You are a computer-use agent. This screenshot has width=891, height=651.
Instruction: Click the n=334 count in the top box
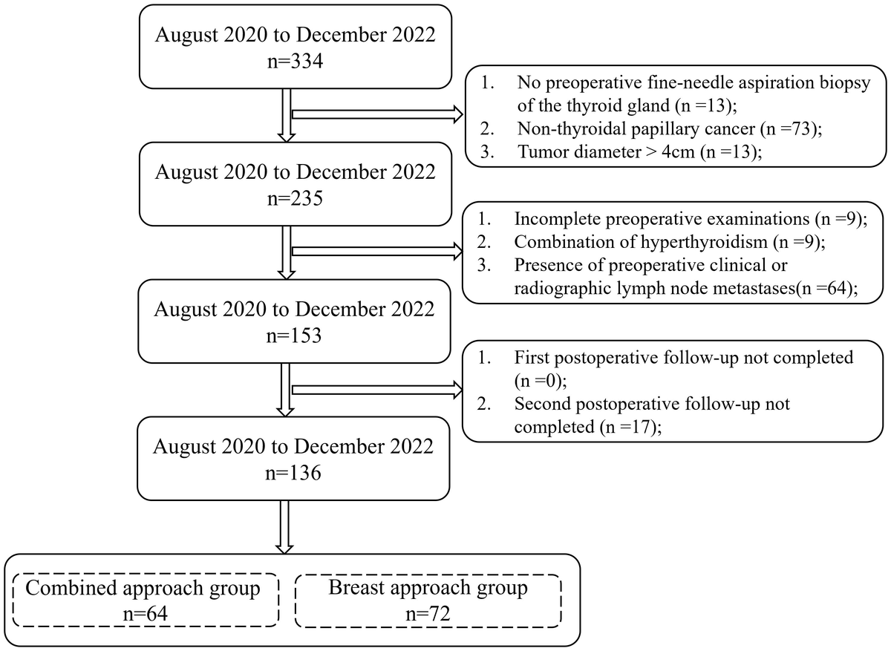pos(295,62)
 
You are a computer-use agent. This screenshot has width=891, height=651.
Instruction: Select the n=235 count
pos(295,198)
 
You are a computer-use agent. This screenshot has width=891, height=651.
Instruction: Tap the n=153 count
pos(293,336)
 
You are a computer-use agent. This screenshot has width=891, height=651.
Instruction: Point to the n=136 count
pos(293,473)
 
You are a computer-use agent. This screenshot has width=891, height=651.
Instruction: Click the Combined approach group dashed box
pos(146,575)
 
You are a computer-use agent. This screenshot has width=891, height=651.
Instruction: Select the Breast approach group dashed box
pos(428,575)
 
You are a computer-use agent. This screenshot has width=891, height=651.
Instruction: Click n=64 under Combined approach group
pos(146,614)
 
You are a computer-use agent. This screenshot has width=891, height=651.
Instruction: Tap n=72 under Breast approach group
pos(428,614)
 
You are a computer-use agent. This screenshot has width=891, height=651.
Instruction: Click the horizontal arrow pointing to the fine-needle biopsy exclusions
pos(377,114)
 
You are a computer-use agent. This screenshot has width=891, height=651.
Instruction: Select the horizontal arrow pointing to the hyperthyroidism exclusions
pos(377,252)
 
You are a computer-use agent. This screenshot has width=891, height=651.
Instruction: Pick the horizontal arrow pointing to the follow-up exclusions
pos(377,390)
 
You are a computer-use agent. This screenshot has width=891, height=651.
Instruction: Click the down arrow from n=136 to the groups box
pos(284,527)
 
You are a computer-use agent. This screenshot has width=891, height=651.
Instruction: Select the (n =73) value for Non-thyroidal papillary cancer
pos(791,129)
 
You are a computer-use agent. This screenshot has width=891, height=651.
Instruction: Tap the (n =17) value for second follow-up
pos(631,427)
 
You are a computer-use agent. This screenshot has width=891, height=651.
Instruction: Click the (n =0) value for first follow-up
pos(541,381)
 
